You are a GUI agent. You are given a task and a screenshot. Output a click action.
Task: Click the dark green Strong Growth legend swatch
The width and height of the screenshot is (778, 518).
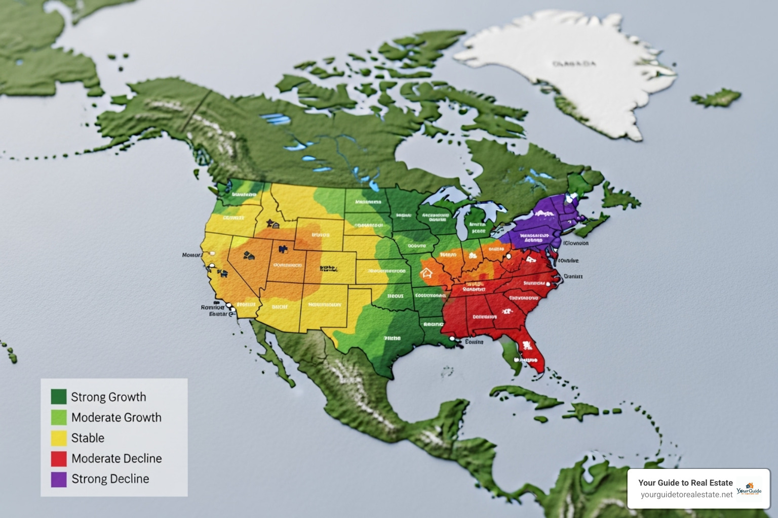(x=59, y=397)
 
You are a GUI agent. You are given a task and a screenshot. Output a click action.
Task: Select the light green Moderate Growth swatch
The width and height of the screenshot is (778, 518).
(x=59, y=417)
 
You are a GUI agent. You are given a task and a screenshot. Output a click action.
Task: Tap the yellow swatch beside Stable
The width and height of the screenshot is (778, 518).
(x=59, y=438)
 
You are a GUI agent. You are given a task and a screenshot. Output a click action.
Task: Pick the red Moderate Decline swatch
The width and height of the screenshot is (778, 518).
(x=59, y=458)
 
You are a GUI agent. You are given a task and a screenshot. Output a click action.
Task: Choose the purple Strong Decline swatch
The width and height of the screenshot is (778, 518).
(x=59, y=479)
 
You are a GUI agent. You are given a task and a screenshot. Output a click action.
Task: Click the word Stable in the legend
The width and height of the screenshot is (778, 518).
(x=88, y=438)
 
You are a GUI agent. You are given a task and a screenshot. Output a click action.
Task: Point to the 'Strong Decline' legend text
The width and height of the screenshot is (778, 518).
(x=110, y=479)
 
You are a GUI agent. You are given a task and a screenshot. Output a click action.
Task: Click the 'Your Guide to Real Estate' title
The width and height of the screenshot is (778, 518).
(x=685, y=483)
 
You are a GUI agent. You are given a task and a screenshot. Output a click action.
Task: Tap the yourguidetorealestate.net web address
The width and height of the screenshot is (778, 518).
(x=686, y=495)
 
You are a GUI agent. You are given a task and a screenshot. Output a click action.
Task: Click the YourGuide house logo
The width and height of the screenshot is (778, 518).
(x=749, y=489)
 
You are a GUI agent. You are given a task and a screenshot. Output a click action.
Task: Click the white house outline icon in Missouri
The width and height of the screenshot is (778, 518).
(x=426, y=273)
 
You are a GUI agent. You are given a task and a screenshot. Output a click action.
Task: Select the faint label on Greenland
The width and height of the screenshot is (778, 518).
(x=574, y=64)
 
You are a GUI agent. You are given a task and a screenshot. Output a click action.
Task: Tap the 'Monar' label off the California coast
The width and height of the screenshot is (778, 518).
(x=191, y=255)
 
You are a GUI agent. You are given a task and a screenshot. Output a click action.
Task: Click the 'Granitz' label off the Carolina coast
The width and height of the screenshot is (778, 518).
(x=573, y=277)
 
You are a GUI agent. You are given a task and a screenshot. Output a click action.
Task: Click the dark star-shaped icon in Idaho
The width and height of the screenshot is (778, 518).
(x=271, y=223)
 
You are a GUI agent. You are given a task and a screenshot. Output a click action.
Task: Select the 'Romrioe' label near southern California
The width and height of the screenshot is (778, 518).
(x=212, y=307)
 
